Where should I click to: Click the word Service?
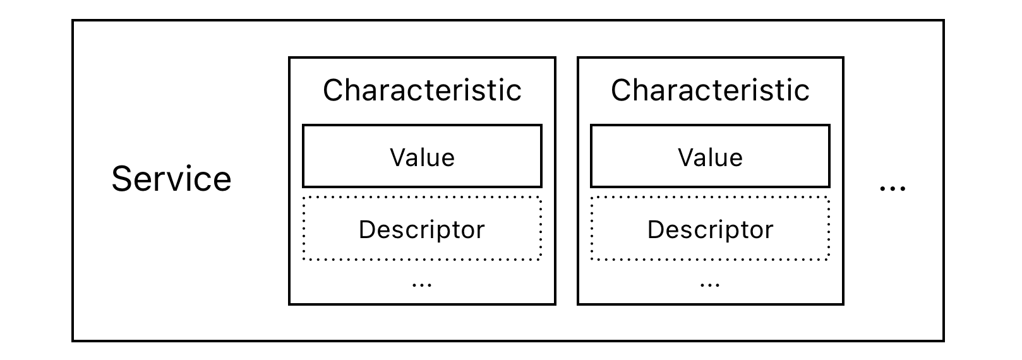(x=171, y=179)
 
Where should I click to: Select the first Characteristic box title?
(x=422, y=90)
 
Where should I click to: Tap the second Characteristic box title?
(x=710, y=90)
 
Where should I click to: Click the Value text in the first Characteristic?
(x=422, y=157)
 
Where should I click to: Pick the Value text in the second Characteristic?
(x=710, y=157)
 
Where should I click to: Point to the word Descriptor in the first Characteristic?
(x=422, y=229)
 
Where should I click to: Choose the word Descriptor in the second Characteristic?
(x=710, y=229)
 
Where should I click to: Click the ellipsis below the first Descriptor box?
(x=422, y=285)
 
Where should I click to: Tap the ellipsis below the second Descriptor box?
(x=710, y=285)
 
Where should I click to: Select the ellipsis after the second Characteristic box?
(x=893, y=188)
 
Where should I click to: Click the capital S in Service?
(x=122, y=179)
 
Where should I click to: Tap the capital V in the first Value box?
(x=399, y=157)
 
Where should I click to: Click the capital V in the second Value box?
(x=687, y=157)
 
